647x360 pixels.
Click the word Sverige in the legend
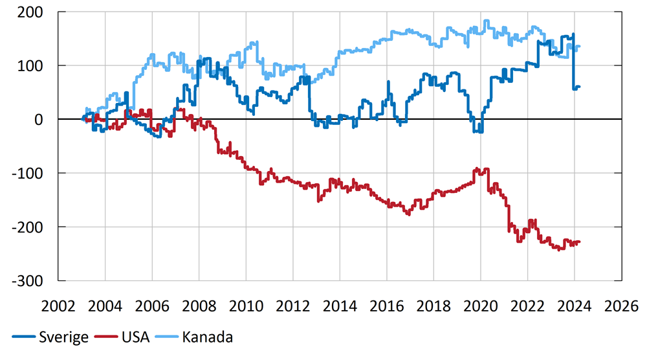63,337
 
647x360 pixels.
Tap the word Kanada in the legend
208,337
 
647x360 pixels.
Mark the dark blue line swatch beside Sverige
23,338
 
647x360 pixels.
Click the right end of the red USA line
579,242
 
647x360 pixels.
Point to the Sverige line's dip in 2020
477,131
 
